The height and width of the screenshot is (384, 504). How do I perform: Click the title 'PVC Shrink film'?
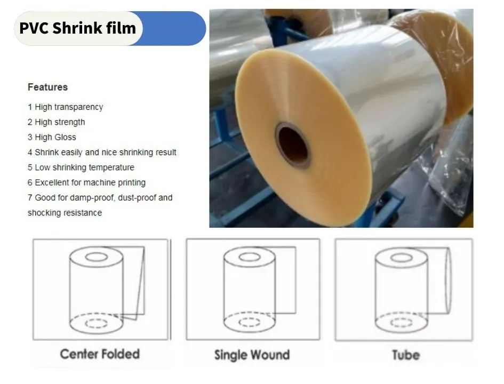click(77, 28)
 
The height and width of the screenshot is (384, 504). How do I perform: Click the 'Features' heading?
click(47, 87)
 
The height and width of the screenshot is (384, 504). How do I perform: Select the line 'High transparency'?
click(69, 107)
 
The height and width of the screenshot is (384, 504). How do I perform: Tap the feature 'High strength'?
click(60, 122)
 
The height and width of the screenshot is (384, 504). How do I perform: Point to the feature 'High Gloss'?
click(55, 137)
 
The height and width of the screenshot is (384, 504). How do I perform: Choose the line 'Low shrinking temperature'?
click(85, 167)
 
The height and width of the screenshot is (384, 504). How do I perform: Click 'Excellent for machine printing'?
click(90, 182)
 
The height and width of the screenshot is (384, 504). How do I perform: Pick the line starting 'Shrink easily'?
click(106, 153)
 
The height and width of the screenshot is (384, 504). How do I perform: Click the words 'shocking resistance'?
click(65, 213)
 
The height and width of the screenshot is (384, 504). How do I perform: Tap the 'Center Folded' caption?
click(100, 354)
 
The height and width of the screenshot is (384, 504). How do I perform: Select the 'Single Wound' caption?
click(252, 355)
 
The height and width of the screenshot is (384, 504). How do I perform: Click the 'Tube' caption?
click(406, 355)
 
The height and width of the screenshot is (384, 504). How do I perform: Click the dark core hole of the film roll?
click(293, 145)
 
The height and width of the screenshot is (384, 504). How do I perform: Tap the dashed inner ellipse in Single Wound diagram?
click(250, 322)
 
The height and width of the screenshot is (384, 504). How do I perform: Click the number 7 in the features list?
click(30, 198)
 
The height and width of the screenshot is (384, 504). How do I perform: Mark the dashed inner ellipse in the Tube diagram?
click(402, 322)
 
